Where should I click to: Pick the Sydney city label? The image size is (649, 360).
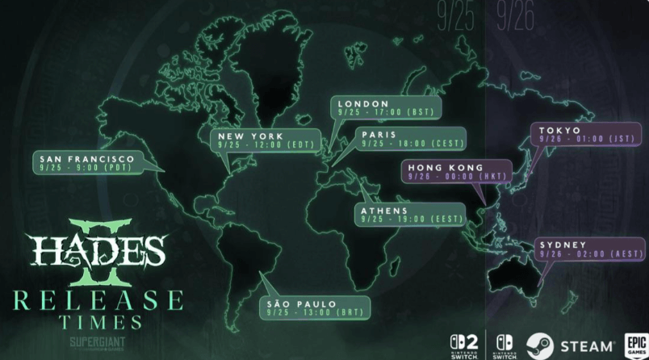563,244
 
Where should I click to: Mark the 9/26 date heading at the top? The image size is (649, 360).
516,19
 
